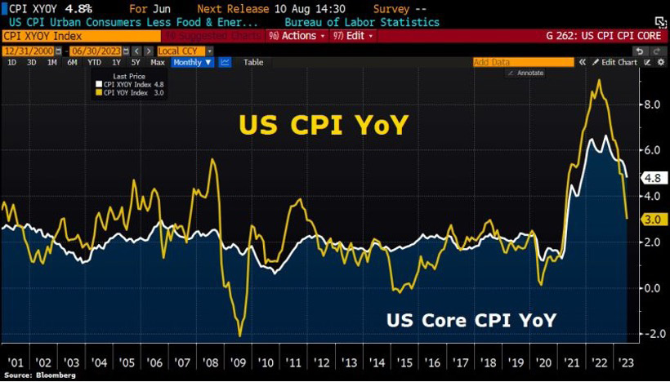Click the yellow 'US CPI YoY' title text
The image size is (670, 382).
(323, 125)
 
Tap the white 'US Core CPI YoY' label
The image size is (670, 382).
(471, 320)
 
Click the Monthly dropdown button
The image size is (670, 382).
(192, 62)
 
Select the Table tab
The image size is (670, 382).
(253, 62)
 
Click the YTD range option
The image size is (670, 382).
(95, 62)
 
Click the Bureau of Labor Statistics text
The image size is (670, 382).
(361, 22)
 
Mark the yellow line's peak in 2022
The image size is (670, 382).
(601, 80)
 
